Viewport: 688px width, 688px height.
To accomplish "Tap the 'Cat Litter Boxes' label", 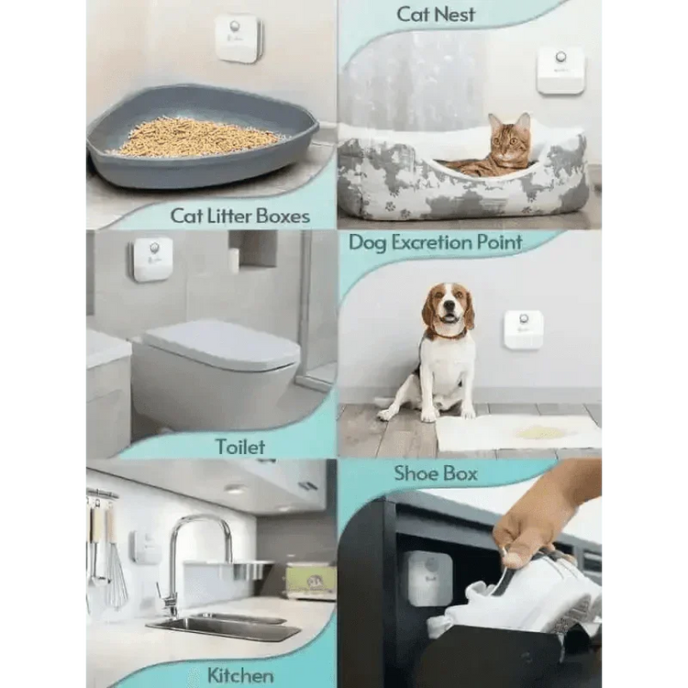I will click(239, 216).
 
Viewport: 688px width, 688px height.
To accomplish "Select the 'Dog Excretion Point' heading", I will click(435, 243).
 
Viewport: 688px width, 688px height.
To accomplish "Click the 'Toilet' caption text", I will click(239, 447).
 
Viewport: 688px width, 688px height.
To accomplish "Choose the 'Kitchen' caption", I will click(239, 675).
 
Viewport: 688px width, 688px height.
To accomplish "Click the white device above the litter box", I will click(238, 38).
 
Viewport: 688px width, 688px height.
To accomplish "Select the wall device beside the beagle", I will click(523, 329).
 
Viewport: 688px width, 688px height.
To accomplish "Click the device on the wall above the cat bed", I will click(560, 70).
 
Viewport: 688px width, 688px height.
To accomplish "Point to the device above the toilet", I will click(152, 260).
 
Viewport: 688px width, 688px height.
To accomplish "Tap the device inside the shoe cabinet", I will click(428, 578).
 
